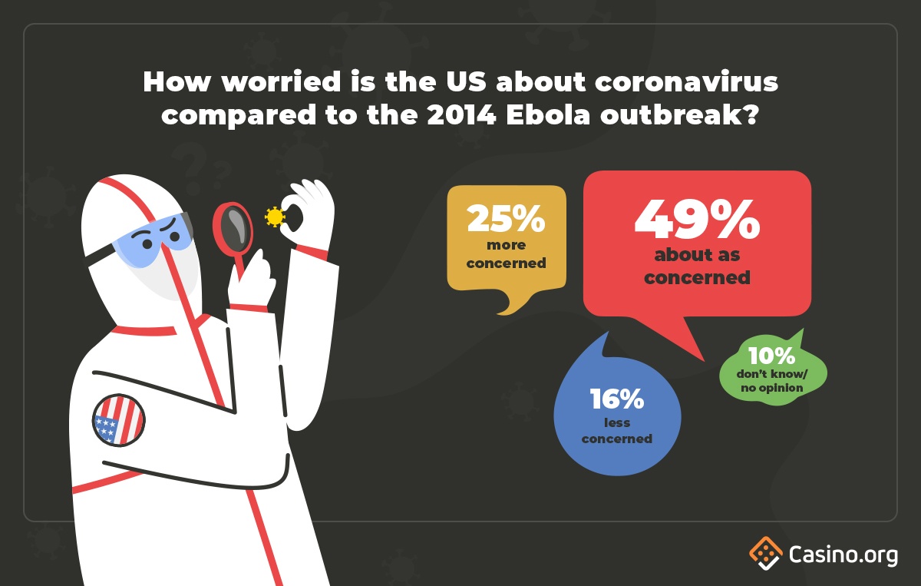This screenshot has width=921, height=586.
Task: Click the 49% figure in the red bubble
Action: [x=697, y=220]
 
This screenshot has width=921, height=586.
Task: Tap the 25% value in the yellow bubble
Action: [x=506, y=218]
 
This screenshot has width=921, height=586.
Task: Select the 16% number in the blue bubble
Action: [x=617, y=399]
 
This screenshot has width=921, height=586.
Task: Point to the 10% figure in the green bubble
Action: [x=772, y=356]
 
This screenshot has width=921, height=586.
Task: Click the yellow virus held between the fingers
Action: [x=275, y=217]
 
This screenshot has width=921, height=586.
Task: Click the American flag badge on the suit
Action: [x=119, y=420]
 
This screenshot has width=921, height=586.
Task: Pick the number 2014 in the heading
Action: [x=461, y=115]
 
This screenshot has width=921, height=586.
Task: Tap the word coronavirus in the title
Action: [x=686, y=82]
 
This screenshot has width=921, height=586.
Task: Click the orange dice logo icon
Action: [x=766, y=553]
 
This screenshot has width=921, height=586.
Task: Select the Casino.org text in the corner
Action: [x=843, y=555]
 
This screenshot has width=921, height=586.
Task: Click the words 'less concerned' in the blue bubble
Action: [x=617, y=431]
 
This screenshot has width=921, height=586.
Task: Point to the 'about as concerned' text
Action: [x=698, y=267]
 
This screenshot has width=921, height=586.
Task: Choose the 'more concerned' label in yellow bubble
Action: [x=506, y=254]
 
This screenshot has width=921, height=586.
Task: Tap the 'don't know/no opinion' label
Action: [x=772, y=381]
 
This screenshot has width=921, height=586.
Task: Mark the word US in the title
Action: [x=467, y=81]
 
